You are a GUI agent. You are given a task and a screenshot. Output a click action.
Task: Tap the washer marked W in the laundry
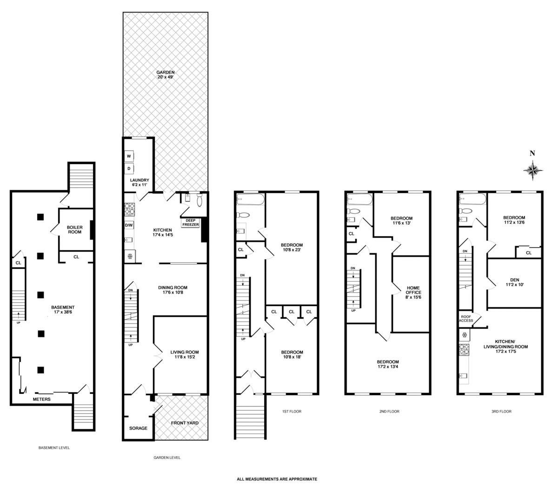click(129, 156)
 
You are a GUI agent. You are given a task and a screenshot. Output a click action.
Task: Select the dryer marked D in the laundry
click(129, 168)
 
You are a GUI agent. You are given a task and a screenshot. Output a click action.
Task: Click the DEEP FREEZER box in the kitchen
click(191, 223)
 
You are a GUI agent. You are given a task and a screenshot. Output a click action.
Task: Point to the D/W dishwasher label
click(129, 225)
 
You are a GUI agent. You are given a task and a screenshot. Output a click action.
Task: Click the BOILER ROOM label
click(75, 230)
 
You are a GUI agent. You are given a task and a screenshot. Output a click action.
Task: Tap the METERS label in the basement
click(41, 399)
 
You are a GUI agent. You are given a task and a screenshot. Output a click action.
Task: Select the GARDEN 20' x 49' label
click(166, 75)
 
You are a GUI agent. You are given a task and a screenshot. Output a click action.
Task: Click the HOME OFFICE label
click(413, 290)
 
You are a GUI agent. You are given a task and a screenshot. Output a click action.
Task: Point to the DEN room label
click(514, 280)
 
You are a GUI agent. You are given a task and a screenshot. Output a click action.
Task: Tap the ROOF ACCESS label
click(466, 319)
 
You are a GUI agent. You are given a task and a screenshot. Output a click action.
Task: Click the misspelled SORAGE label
click(138, 428)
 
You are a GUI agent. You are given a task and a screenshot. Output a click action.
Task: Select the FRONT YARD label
click(185, 423)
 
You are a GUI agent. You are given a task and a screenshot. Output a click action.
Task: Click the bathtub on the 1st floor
click(250, 199)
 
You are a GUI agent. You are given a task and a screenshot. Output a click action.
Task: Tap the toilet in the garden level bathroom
click(199, 200)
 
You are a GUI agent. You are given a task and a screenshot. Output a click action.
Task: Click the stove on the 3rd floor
click(464, 349)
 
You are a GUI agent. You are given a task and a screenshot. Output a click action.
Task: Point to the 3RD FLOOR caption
click(501, 411)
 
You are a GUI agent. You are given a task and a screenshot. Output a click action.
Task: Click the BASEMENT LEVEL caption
click(54, 447)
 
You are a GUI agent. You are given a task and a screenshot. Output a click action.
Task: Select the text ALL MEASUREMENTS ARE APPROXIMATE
click(277, 479)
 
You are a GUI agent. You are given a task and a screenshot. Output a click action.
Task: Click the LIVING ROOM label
click(185, 352)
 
